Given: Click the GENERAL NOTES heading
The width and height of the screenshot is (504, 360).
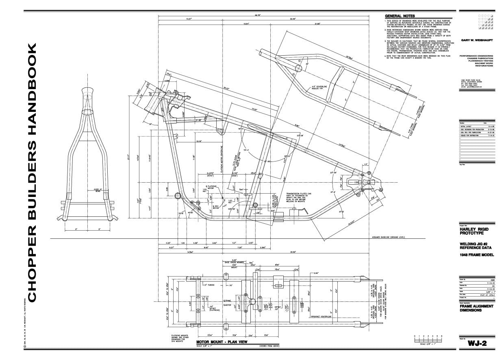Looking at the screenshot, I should [x=400, y=16].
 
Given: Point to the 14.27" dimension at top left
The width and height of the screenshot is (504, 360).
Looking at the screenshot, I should [x=189, y=19].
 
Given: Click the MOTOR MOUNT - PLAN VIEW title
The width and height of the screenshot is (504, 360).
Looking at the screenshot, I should [x=222, y=342].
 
